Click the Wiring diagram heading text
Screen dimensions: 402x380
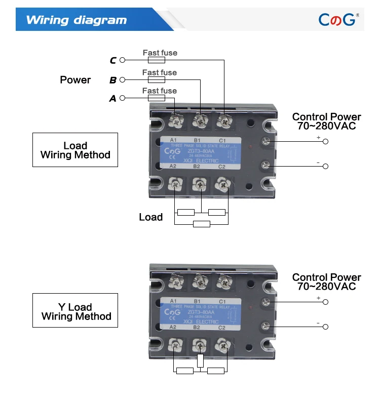click(76, 20)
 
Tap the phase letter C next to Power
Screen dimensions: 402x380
click(113, 61)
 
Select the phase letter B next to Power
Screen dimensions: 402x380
click(113, 80)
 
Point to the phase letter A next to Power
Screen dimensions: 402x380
click(113, 99)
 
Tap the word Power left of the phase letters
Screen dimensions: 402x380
click(75, 79)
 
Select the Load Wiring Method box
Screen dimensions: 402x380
click(75, 150)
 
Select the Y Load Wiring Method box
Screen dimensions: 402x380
click(75, 311)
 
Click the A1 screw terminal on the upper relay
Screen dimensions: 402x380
click(176, 120)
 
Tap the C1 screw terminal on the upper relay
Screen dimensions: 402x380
click(223, 120)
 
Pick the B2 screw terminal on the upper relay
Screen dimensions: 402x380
click(199, 185)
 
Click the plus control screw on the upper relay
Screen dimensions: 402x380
click(264, 141)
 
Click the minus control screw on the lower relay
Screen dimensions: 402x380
click(264, 326)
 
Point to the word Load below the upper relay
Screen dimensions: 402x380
click(150, 217)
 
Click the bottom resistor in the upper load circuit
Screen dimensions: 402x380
click(201, 224)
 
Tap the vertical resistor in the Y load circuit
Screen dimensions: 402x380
click(201, 360)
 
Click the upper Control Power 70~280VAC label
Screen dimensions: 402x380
click(326, 121)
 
